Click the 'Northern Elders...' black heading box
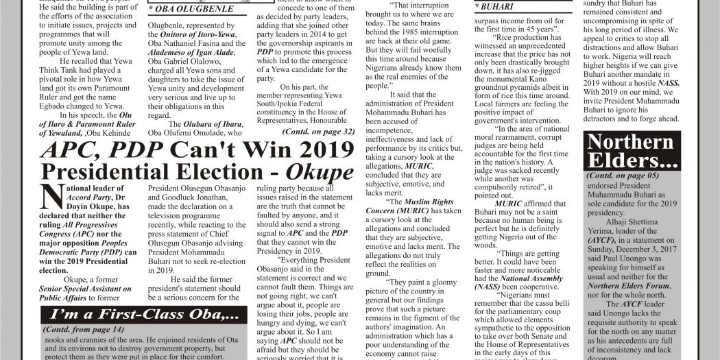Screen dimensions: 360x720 point(632,151)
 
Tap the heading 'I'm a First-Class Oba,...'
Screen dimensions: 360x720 point(144,315)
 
